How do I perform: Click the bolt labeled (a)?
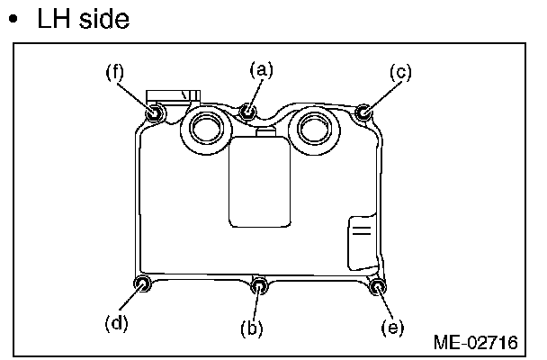click(x=249, y=112)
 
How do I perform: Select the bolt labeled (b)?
click(x=259, y=286)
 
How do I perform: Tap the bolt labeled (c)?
click(x=363, y=112)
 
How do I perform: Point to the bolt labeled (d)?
click(x=142, y=284)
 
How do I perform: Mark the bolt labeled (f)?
click(x=155, y=113)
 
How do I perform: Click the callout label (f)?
click(x=113, y=73)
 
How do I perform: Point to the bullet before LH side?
click(x=15, y=21)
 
